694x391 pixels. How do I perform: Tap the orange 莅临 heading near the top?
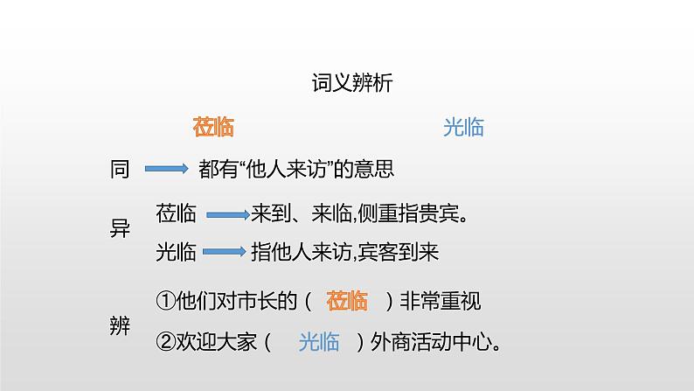(213, 128)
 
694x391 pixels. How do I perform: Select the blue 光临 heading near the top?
(463, 128)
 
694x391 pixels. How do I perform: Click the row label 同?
(120, 169)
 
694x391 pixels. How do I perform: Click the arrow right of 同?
(166, 169)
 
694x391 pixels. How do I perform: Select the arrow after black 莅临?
(226, 213)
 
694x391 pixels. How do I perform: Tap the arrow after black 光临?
(224, 253)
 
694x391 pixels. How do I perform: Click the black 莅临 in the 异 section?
(176, 213)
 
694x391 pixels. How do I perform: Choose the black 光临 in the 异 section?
(176, 253)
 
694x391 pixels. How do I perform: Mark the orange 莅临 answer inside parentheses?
(347, 303)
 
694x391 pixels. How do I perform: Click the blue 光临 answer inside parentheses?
(319, 342)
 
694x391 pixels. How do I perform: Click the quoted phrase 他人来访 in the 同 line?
(294, 169)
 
